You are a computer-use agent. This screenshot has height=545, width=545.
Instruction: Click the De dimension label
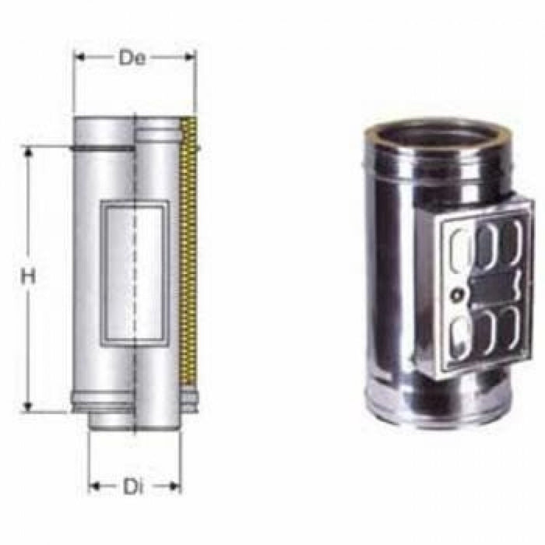(134, 59)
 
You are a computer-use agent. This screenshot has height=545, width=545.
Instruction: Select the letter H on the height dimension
(30, 276)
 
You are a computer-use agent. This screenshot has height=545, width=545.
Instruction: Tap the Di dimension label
(132, 487)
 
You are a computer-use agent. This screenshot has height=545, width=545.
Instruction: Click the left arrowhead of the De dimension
(79, 55)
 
